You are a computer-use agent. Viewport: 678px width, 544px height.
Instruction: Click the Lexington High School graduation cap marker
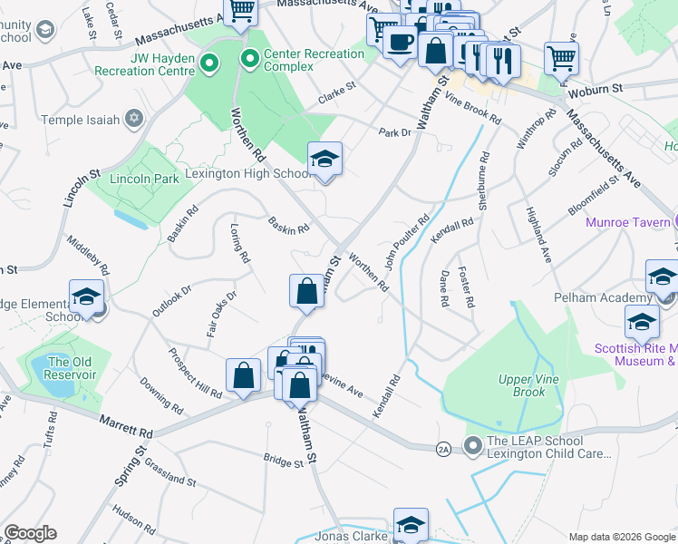[324, 160]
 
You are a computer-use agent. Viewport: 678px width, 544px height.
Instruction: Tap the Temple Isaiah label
[85, 119]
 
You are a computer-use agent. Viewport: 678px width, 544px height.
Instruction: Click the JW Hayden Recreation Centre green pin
[210, 63]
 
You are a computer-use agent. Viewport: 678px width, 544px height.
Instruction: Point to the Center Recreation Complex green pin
[249, 60]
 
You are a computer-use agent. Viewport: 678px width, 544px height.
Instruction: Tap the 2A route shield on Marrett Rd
[443, 448]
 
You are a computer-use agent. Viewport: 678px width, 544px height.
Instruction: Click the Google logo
[30, 533]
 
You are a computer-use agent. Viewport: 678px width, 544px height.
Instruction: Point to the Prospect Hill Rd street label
[194, 374]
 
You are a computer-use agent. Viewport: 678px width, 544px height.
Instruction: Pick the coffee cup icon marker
[400, 42]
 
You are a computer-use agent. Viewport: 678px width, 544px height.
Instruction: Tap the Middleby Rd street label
[88, 257]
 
